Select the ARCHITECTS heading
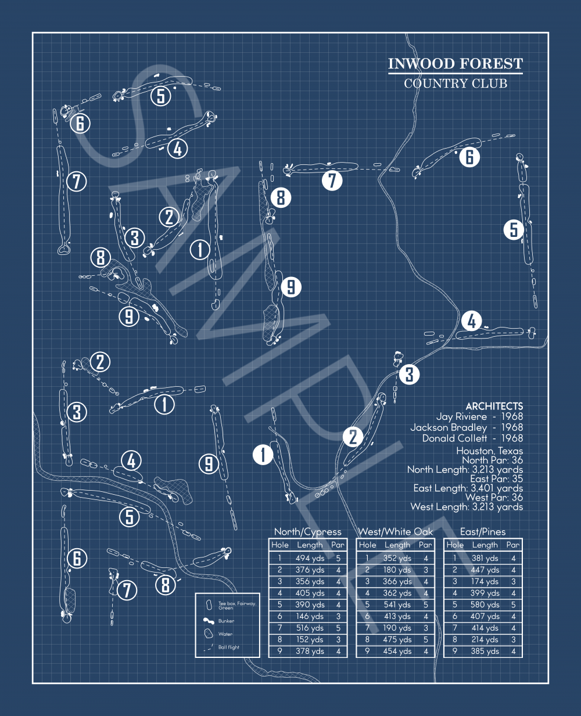494,406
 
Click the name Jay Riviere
461,416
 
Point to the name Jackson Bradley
448,427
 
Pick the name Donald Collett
454,438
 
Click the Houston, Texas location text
489,451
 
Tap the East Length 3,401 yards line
468,488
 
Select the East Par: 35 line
496,479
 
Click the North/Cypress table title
308,532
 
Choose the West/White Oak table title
395,532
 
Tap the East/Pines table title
483,532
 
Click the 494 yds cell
310,559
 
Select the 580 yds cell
485,605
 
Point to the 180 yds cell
397,570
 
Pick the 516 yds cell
310,628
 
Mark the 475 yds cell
397,640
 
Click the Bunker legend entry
226,621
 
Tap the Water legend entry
225,634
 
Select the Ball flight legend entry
228,647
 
